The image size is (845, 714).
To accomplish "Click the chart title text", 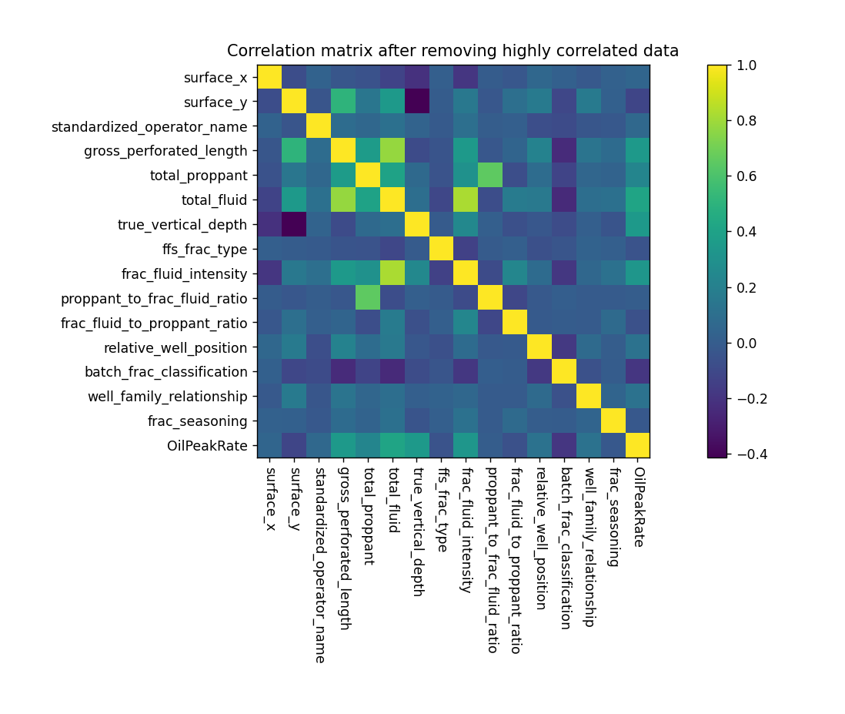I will [453, 52].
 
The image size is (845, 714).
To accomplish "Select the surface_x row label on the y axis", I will [215, 78].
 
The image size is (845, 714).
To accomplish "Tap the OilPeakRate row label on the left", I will [208, 445].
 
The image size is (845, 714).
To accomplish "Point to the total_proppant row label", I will [199, 176].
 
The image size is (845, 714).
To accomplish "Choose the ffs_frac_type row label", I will [205, 250].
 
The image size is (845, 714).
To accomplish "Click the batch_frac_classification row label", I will [166, 372].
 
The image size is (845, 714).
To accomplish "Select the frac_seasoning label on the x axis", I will [613, 515].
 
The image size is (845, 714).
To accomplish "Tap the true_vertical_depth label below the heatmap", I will [416, 531].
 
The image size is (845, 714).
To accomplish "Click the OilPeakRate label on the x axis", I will [637, 504].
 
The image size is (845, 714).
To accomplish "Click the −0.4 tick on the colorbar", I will [750, 454].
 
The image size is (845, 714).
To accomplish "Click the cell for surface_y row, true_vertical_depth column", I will [416, 102].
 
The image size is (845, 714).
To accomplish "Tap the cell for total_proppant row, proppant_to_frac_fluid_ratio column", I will [490, 176].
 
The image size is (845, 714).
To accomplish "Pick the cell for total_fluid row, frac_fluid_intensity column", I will [466, 200].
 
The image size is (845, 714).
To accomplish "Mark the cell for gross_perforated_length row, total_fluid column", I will [392, 151].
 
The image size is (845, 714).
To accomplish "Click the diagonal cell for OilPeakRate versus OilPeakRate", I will [637, 445].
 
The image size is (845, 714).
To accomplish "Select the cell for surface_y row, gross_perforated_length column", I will [343, 102].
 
